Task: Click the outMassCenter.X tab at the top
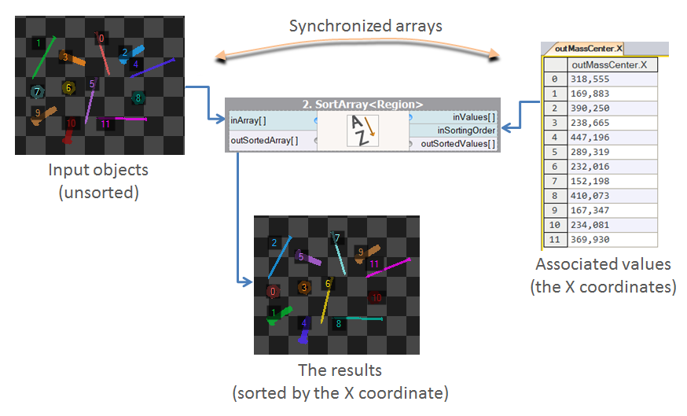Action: pyautogui.click(x=588, y=49)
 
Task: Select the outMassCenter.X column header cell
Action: pyautogui.click(x=609, y=64)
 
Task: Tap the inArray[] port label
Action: pyautogui.click(x=248, y=121)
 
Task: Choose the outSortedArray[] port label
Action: pyautogui.click(x=264, y=141)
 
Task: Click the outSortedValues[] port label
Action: pyautogui.click(x=459, y=144)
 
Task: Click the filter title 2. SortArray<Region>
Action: pyautogui.click(x=362, y=104)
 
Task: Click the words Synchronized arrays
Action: pyautogui.click(x=366, y=26)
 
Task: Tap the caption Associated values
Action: pyautogui.click(x=603, y=264)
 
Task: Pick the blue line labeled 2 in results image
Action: pyautogui.click(x=279, y=258)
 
